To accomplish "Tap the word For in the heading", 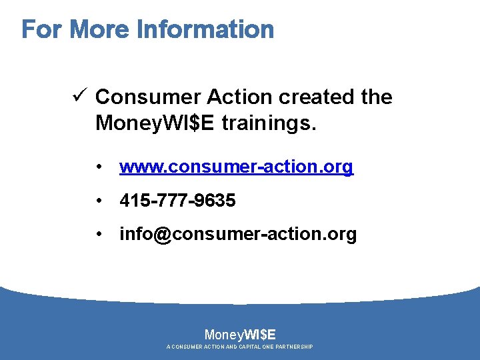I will (43, 29).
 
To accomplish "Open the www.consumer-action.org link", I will (236, 167).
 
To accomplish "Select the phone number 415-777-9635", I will (177, 201).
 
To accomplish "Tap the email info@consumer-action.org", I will (238, 235).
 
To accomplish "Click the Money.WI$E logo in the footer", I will (240, 334).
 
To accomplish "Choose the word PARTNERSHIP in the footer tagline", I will (293, 347).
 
